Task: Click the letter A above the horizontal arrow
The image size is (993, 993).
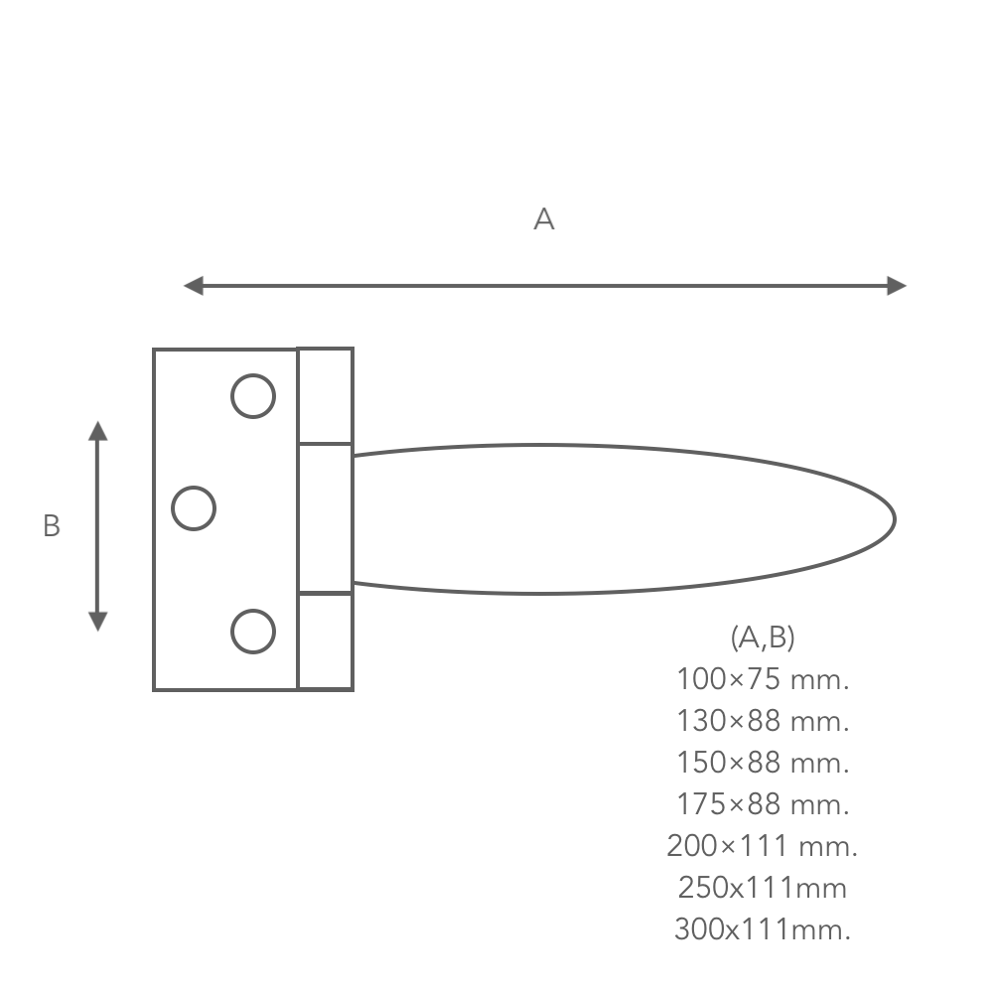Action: tap(544, 219)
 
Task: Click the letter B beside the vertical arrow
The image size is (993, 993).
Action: tap(52, 525)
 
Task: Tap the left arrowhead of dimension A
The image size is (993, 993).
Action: tap(194, 286)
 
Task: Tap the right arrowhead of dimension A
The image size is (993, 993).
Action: tap(897, 286)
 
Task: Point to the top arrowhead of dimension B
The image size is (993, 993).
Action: tap(97, 431)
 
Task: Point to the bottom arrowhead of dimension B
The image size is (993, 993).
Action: tap(97, 622)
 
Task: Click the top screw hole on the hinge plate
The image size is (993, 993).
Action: tap(253, 396)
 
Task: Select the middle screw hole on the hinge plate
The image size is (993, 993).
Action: tap(194, 507)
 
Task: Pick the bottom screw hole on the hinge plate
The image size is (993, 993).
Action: tap(253, 632)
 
